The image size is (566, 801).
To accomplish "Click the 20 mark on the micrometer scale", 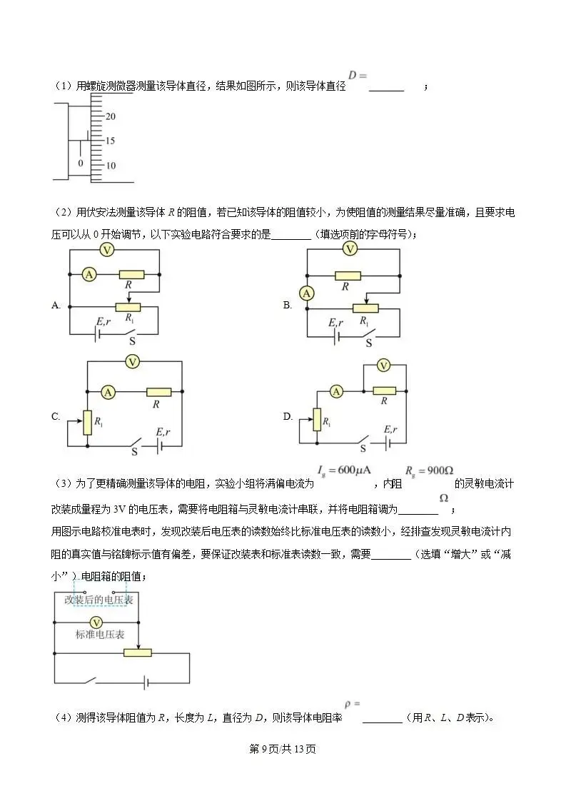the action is [x=111, y=116].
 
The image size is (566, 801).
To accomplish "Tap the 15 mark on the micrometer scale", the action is [x=111, y=141].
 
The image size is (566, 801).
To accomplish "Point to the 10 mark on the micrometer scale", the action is [x=111, y=166].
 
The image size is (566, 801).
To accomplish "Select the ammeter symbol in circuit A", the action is [x=89, y=274].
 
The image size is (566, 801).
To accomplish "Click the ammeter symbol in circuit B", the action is [x=306, y=293].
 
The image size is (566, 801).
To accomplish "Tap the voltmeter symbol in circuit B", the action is [x=349, y=248].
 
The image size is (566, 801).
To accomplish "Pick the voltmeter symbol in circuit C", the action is [x=132, y=362].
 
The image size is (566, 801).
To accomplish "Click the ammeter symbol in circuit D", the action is [x=336, y=391].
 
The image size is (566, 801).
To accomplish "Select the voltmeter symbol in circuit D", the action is [x=383, y=366].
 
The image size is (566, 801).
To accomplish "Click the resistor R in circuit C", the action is [x=158, y=391].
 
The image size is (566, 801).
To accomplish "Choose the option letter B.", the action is [x=288, y=306].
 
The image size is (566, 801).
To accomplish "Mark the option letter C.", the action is [x=56, y=417].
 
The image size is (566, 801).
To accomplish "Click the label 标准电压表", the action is [x=100, y=634].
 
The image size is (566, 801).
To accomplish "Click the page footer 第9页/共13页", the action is [x=283, y=749].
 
